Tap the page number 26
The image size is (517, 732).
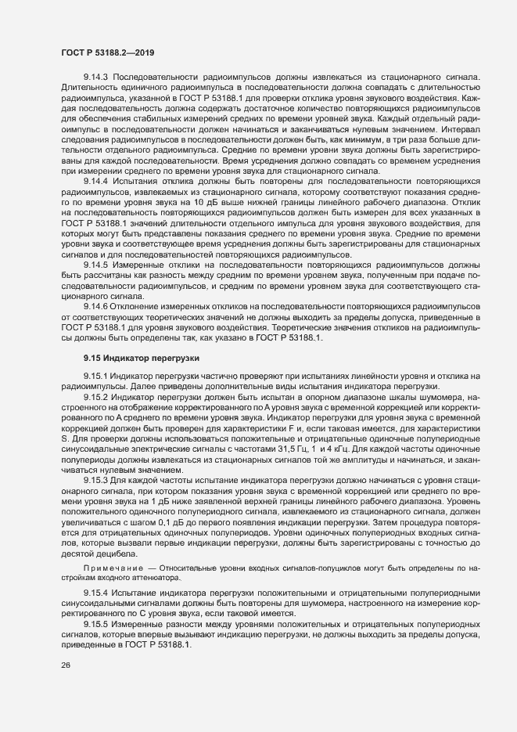(65, 688)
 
